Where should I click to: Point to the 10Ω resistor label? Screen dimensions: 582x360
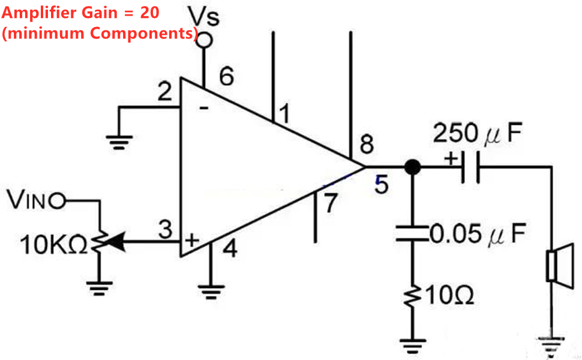pos(455,295)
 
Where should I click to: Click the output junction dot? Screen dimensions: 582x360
pos(412,167)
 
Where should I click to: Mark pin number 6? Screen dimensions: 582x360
pos(226,77)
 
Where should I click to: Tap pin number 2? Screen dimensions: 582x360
pos(164,93)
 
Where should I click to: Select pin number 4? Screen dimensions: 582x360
pos(229,248)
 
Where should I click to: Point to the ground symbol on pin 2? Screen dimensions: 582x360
pos(119,142)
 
